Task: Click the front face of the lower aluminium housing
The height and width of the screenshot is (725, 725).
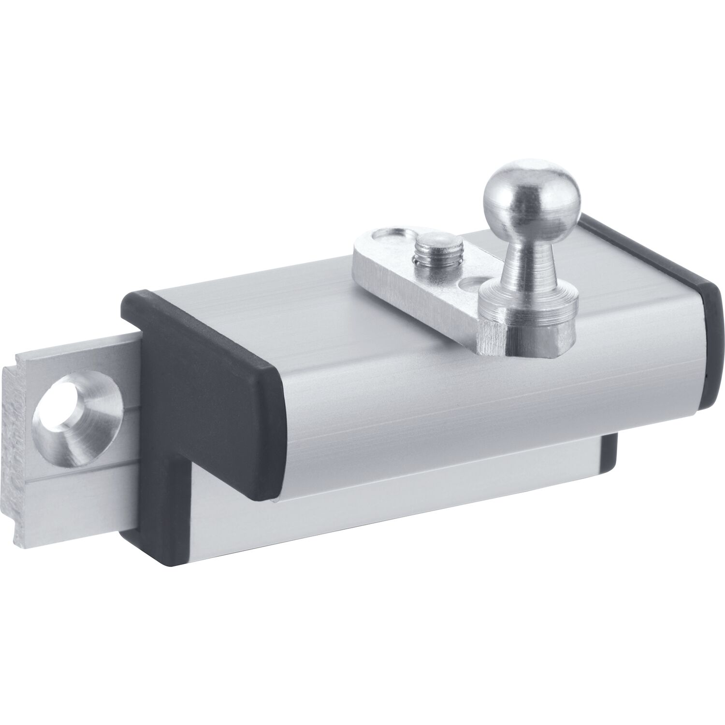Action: [x=387, y=483]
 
